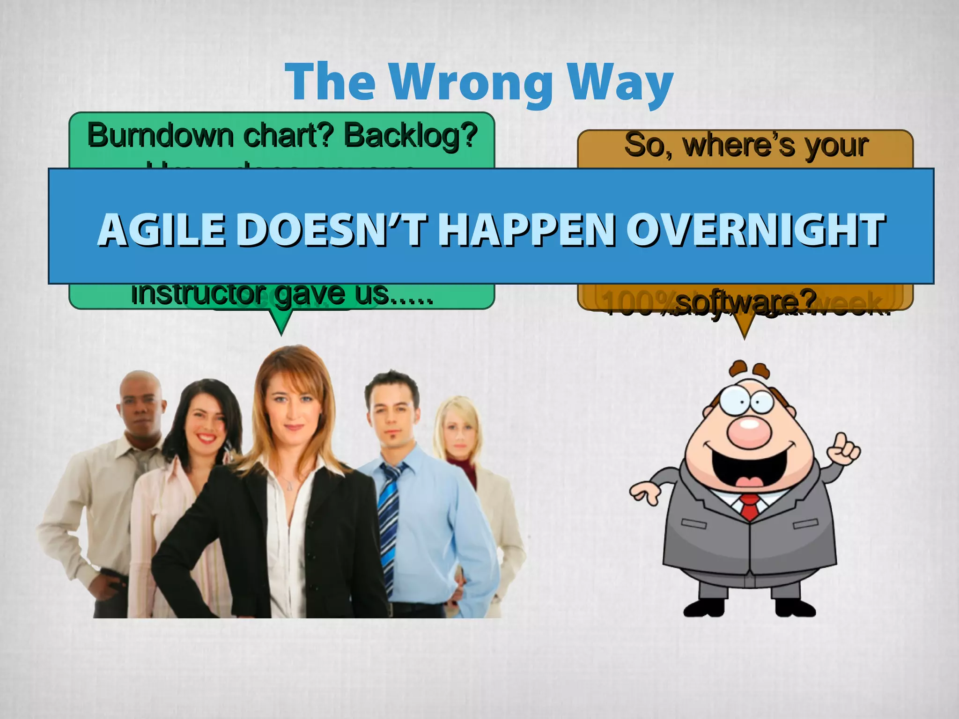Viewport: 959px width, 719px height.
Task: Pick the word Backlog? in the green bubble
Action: (410, 136)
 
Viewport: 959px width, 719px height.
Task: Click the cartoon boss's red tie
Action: (749, 506)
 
